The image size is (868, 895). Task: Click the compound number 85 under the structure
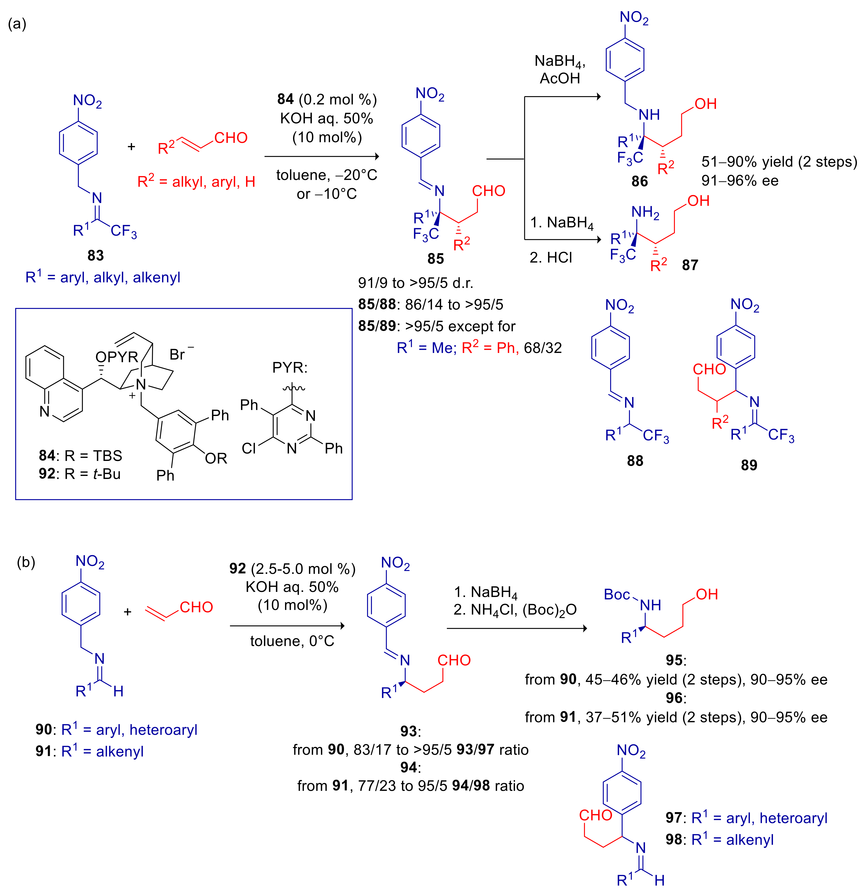pyautogui.click(x=436, y=259)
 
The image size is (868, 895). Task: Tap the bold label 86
pyautogui.click(x=640, y=181)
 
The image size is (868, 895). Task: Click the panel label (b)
pyautogui.click(x=26, y=562)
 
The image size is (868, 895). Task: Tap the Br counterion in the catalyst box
pyautogui.click(x=178, y=354)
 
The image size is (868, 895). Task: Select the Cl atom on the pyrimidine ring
pyautogui.click(x=249, y=448)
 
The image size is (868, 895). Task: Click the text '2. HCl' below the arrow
pyautogui.click(x=551, y=257)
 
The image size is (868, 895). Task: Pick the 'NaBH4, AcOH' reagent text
pyautogui.click(x=560, y=69)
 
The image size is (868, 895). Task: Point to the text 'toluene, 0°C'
pyautogui.click(x=292, y=641)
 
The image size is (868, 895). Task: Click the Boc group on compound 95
pyautogui.click(x=617, y=595)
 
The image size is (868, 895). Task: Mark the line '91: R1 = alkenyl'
pyautogui.click(x=90, y=751)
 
